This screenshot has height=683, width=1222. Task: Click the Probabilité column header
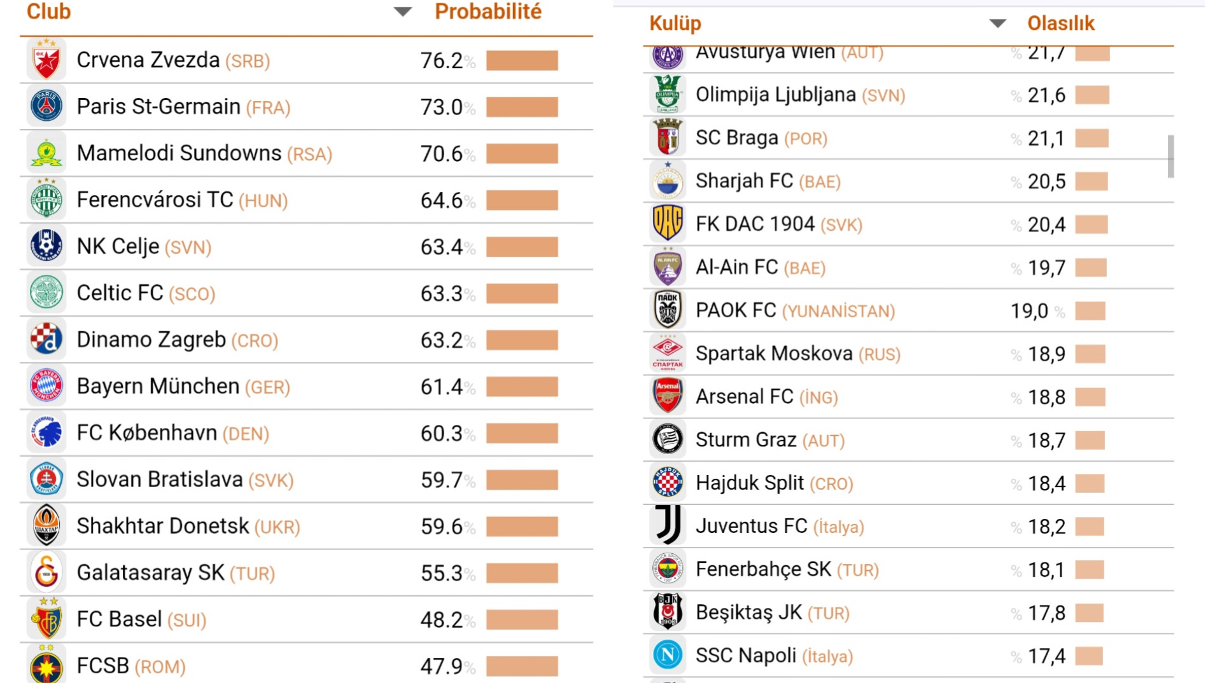(x=488, y=12)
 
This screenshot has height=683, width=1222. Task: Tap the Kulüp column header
(x=675, y=24)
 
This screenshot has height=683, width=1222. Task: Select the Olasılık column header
(x=1060, y=24)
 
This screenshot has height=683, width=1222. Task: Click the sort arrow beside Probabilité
(x=402, y=11)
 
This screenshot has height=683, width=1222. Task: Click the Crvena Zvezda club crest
(x=46, y=60)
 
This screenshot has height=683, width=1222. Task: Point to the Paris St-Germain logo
(x=46, y=106)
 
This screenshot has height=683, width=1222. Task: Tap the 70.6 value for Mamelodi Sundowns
(x=442, y=153)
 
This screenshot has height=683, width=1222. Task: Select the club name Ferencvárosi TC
(x=155, y=200)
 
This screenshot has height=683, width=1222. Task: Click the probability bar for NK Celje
(x=522, y=247)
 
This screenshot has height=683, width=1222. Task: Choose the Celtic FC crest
(x=46, y=293)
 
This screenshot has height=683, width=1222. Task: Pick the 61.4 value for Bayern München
(x=442, y=387)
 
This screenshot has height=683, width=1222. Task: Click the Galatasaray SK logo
(x=46, y=572)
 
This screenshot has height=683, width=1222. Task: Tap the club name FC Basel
(x=119, y=619)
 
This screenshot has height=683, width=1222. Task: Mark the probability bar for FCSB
(x=522, y=666)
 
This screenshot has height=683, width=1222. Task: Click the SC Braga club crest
(x=668, y=137)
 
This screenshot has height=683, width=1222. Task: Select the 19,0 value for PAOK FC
(x=1029, y=311)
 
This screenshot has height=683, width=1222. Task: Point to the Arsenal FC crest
(x=668, y=396)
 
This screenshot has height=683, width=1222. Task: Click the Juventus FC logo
(x=668, y=525)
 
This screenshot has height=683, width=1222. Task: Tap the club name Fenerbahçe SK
(x=763, y=569)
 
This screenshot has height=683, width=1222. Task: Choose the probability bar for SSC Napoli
(x=1089, y=656)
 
